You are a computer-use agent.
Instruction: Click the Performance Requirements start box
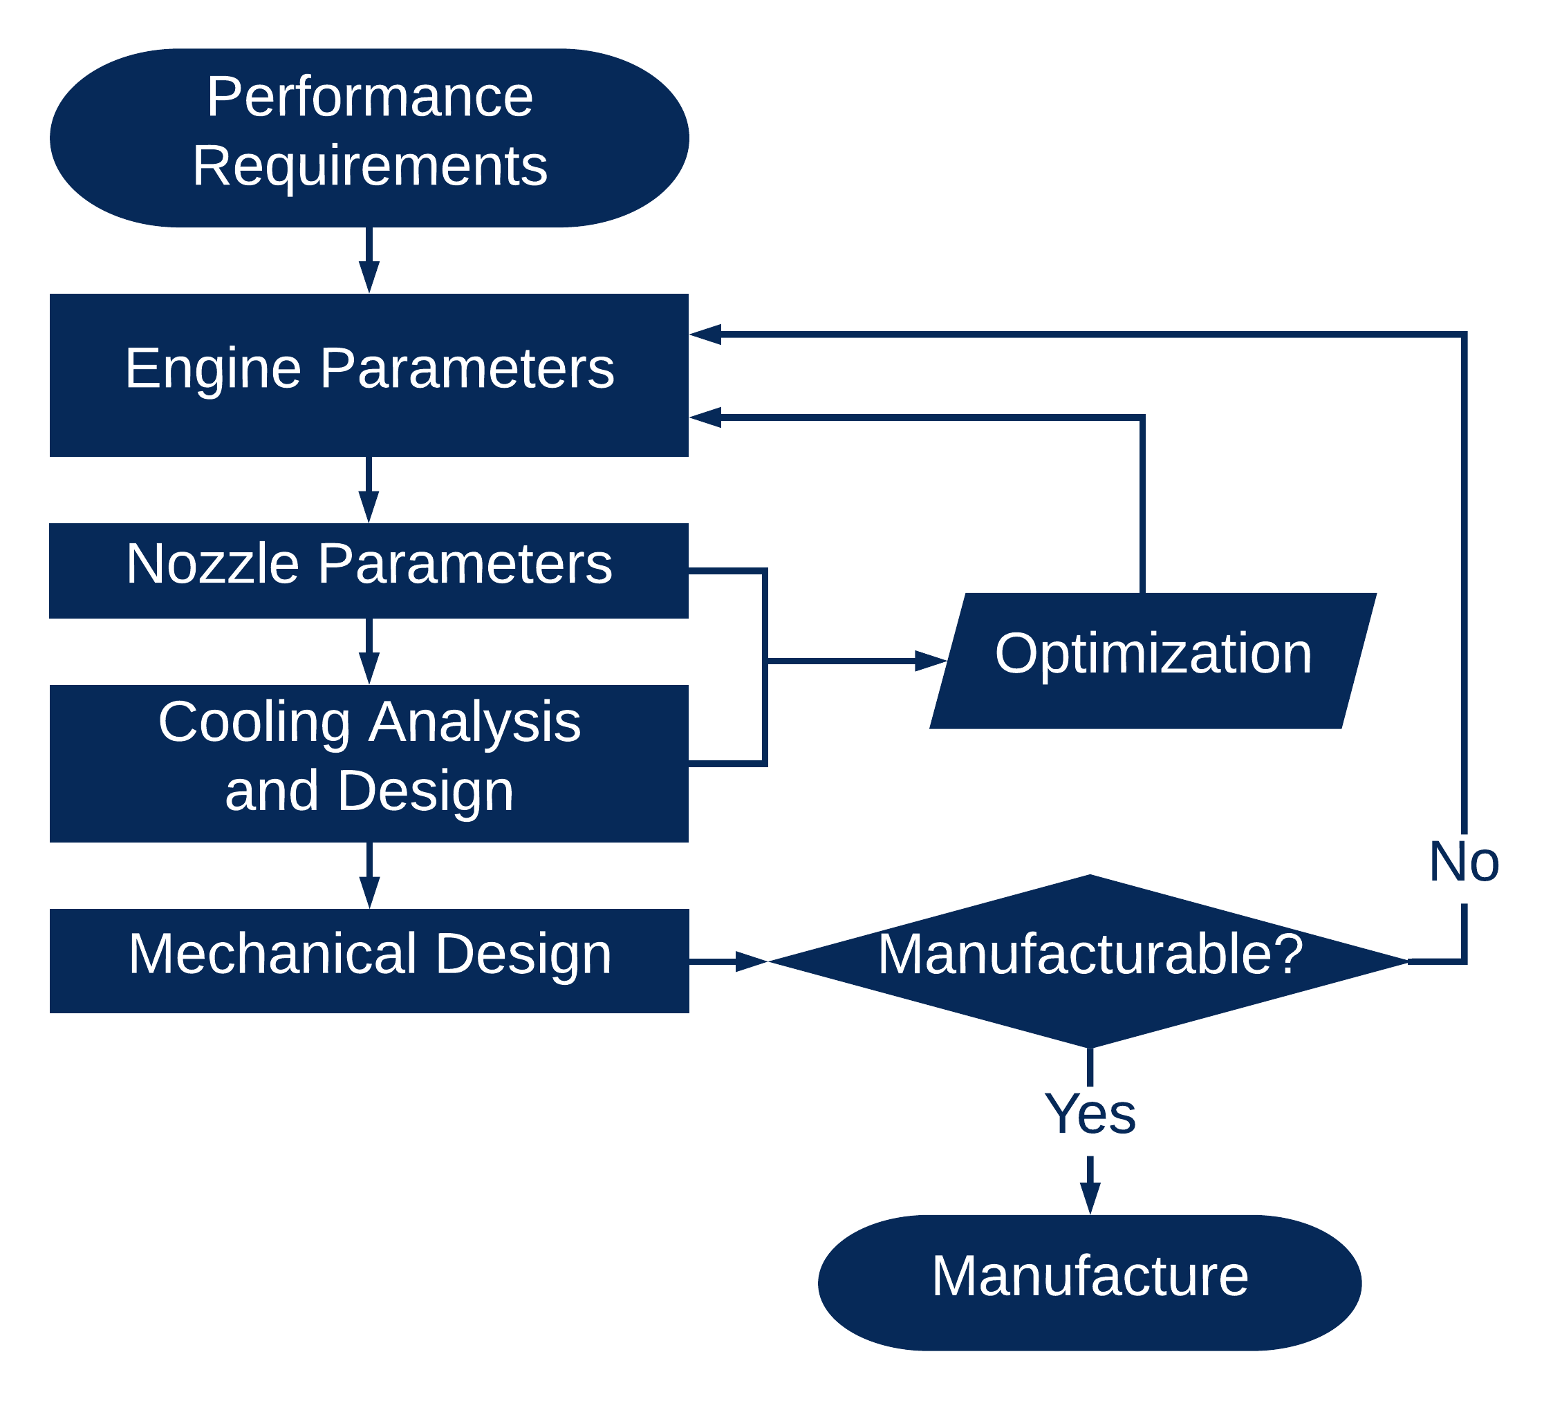pyautogui.click(x=369, y=138)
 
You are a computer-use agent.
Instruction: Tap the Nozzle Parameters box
pyautogui.click(x=369, y=571)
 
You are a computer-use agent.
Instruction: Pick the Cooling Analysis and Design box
pyautogui.click(x=369, y=764)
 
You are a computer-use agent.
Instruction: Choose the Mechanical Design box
pyautogui.click(x=369, y=961)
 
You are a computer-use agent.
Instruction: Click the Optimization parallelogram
pyautogui.click(x=1153, y=661)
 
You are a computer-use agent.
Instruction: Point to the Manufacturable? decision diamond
pyautogui.click(x=1089, y=961)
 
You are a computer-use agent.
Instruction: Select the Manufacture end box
pyautogui.click(x=1090, y=1284)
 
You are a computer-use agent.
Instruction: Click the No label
pyautogui.click(x=1464, y=861)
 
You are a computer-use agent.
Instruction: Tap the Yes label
pyautogui.click(x=1090, y=1114)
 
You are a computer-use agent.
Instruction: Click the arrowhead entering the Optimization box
pyautogui.click(x=931, y=661)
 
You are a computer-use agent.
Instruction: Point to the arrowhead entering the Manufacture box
pyautogui.click(x=1090, y=1198)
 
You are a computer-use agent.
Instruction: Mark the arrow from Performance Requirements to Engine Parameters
pyautogui.click(x=369, y=260)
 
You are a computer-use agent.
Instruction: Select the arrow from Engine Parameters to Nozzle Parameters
pyautogui.click(x=369, y=490)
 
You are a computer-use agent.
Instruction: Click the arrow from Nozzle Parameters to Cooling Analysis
pyautogui.click(x=369, y=652)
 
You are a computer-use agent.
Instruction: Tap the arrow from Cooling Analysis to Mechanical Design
pyautogui.click(x=369, y=876)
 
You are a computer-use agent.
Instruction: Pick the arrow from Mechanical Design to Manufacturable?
pyautogui.click(x=728, y=961)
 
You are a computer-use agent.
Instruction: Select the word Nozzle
pyautogui.click(x=212, y=564)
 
